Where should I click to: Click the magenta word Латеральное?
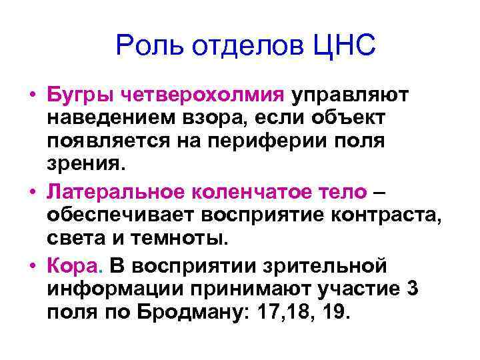coord(116,193)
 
